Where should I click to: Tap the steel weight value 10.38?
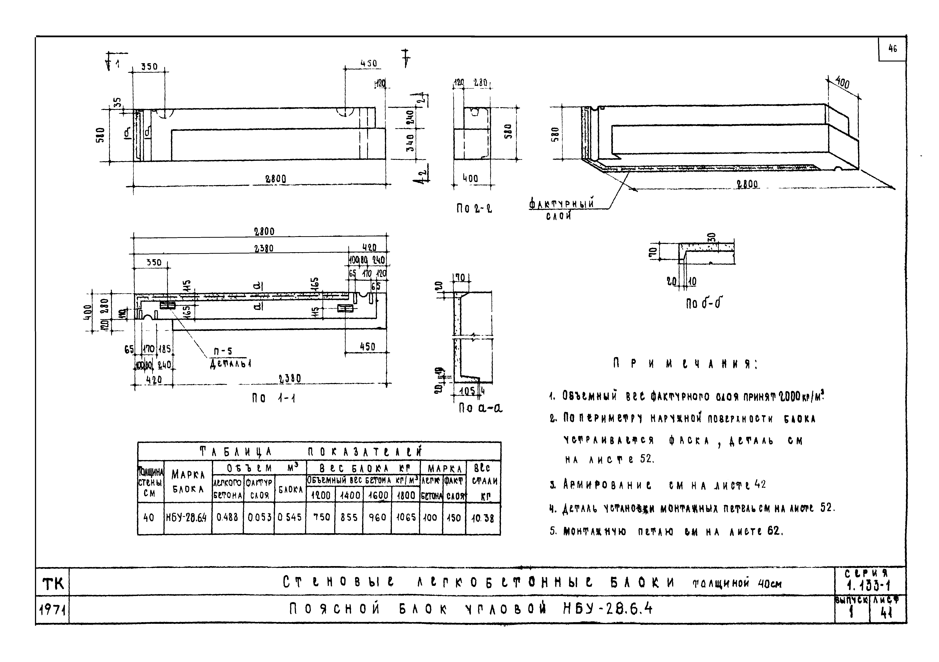point(483,518)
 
